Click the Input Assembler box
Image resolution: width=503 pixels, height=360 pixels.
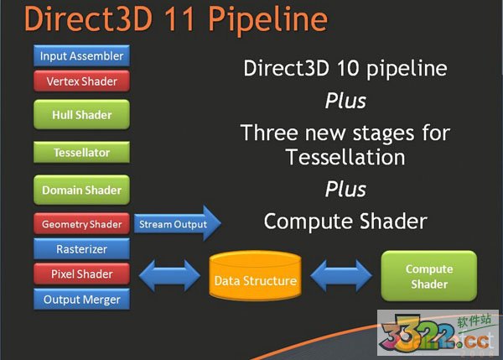coord(82,56)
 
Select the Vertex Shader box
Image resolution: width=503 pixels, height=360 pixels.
coord(82,81)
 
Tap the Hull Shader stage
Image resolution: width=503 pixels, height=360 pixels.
coord(82,115)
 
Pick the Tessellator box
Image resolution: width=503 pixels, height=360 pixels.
coord(82,153)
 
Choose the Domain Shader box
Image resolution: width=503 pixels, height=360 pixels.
coord(82,190)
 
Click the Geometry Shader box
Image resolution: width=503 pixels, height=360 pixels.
coord(82,224)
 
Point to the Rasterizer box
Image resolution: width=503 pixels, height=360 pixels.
coord(82,248)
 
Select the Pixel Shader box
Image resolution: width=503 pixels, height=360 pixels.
coord(82,274)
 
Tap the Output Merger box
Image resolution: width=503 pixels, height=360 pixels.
coord(82,299)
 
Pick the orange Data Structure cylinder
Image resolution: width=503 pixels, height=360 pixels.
coord(254,279)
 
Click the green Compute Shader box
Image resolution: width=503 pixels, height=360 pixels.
coord(429,276)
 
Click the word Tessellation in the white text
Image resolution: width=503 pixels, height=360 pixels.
coord(345,157)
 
